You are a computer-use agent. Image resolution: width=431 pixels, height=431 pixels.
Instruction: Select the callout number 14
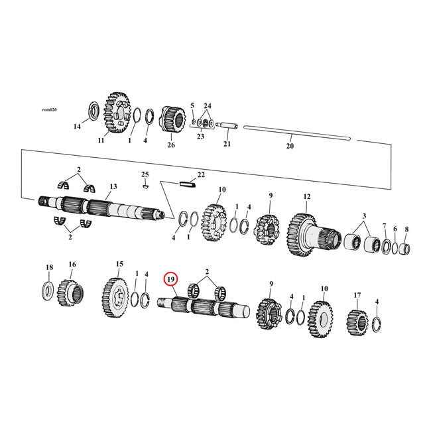click(x=77, y=126)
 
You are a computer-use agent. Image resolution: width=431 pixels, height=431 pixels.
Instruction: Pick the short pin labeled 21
click(x=225, y=124)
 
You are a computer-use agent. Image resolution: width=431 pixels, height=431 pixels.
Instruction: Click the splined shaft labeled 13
click(x=99, y=206)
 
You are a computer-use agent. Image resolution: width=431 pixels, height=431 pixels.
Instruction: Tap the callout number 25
click(x=145, y=174)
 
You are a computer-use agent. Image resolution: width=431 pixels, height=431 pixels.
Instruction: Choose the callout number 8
click(x=406, y=229)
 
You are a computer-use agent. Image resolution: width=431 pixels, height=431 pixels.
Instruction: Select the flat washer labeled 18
click(x=49, y=290)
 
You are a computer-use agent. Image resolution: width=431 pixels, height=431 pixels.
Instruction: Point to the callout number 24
click(x=208, y=106)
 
